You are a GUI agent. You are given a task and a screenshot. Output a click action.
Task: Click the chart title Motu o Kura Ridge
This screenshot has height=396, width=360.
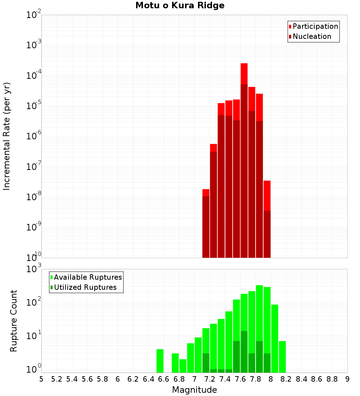[x=180, y=6]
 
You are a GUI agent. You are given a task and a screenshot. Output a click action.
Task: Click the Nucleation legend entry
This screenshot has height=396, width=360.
[x=311, y=37]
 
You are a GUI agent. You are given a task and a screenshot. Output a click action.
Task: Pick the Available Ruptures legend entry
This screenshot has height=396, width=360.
[x=87, y=277]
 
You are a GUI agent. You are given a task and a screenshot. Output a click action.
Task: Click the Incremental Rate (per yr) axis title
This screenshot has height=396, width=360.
[x=7, y=136]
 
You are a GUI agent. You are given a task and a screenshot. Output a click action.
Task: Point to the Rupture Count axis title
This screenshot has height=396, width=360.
[x=14, y=321]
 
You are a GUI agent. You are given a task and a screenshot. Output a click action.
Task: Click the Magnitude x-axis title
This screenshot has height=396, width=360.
[x=194, y=390]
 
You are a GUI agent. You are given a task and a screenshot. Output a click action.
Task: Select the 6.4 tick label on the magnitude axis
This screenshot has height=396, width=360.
[x=148, y=379]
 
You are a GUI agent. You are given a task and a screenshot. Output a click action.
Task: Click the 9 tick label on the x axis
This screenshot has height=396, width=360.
[x=347, y=379]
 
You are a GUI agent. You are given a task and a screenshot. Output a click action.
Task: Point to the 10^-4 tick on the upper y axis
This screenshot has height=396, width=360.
[x=34, y=76]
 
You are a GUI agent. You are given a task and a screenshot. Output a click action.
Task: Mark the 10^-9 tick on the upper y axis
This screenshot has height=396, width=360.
[x=34, y=227]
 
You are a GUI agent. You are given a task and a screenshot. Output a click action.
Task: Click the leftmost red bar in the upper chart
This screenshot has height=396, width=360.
[x=206, y=223]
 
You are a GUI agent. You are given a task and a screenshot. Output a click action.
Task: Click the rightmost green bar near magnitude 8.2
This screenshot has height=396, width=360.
[x=282, y=356]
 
